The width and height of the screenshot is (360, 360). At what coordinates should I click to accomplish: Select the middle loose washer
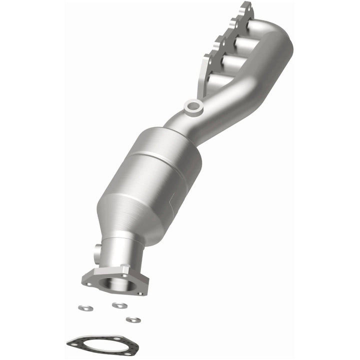(x=119, y=305)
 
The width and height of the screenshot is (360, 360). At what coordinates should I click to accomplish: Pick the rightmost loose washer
(x=133, y=319)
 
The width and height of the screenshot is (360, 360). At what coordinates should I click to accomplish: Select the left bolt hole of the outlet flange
(x=88, y=283)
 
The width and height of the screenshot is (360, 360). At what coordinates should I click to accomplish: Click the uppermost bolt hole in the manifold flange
(x=246, y=6)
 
